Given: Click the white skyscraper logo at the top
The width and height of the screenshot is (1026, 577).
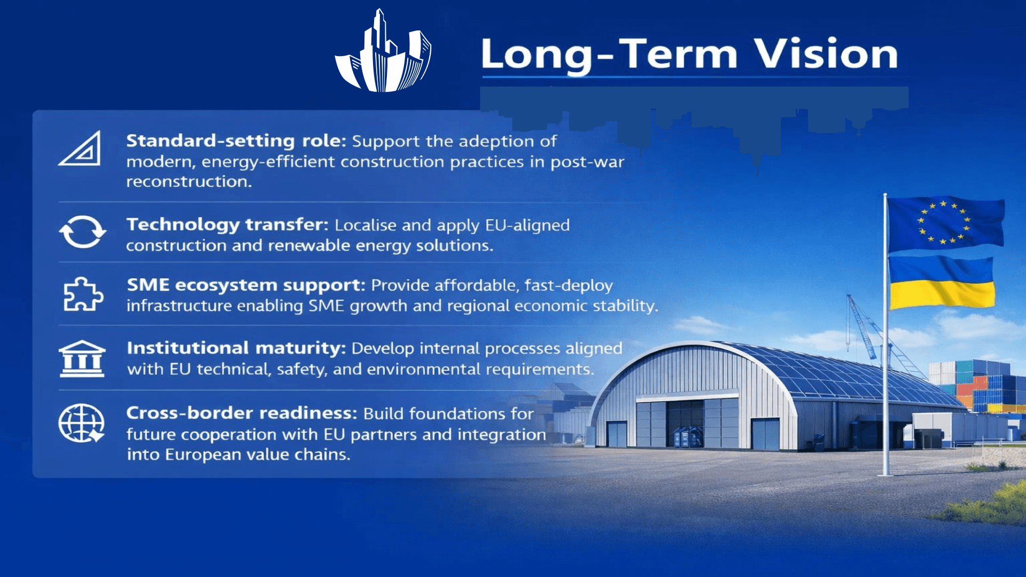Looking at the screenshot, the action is (383, 52).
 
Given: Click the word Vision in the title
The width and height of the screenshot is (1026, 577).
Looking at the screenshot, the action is (826, 54).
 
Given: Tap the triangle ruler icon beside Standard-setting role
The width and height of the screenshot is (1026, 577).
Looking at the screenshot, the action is (80, 148).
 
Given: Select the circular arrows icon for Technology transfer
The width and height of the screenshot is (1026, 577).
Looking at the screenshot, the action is (82, 232).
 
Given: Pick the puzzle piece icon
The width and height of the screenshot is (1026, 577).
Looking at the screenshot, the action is (83, 294).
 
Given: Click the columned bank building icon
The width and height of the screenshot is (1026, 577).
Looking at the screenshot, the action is (82, 358).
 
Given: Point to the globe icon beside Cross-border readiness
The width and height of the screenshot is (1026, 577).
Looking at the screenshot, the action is (82, 423).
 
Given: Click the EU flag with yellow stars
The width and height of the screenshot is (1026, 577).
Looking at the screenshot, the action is (945, 223).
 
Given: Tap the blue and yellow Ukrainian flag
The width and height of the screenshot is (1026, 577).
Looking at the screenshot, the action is (941, 283).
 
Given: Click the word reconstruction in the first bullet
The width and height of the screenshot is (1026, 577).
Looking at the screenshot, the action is (189, 182).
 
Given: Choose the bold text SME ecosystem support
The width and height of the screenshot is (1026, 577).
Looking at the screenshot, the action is (246, 285).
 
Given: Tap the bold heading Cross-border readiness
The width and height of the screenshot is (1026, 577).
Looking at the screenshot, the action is (242, 413).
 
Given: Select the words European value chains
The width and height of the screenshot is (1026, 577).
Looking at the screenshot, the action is (258, 455).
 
